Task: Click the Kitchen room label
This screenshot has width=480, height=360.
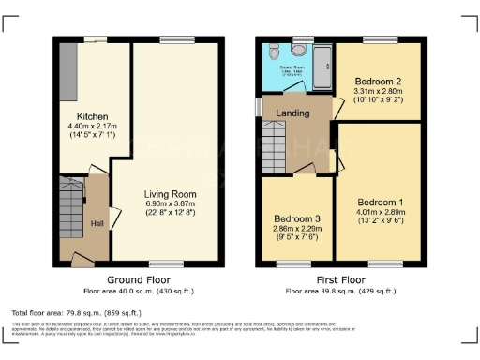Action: click(x=77, y=117)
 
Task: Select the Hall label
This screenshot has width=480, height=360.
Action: click(x=97, y=223)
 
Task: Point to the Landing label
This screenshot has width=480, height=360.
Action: click(x=292, y=113)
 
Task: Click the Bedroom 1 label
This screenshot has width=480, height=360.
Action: click(x=382, y=202)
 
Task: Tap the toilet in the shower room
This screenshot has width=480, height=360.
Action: click(x=273, y=52)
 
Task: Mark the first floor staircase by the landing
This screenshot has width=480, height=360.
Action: click(x=273, y=147)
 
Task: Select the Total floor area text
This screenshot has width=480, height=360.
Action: click(x=76, y=312)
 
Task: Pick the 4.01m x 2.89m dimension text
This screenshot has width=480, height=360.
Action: click(x=382, y=212)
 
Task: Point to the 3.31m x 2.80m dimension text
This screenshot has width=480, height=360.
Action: click(x=378, y=92)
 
